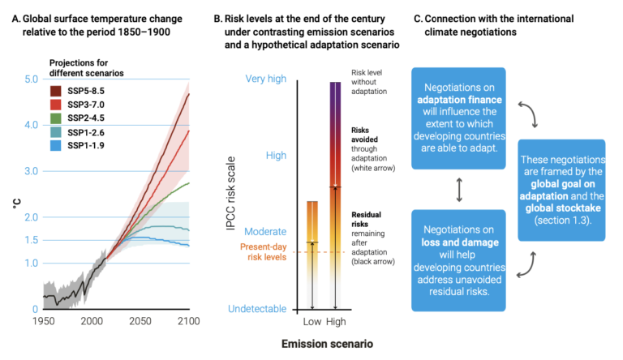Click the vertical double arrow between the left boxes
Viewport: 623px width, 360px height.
coord(459,190)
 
